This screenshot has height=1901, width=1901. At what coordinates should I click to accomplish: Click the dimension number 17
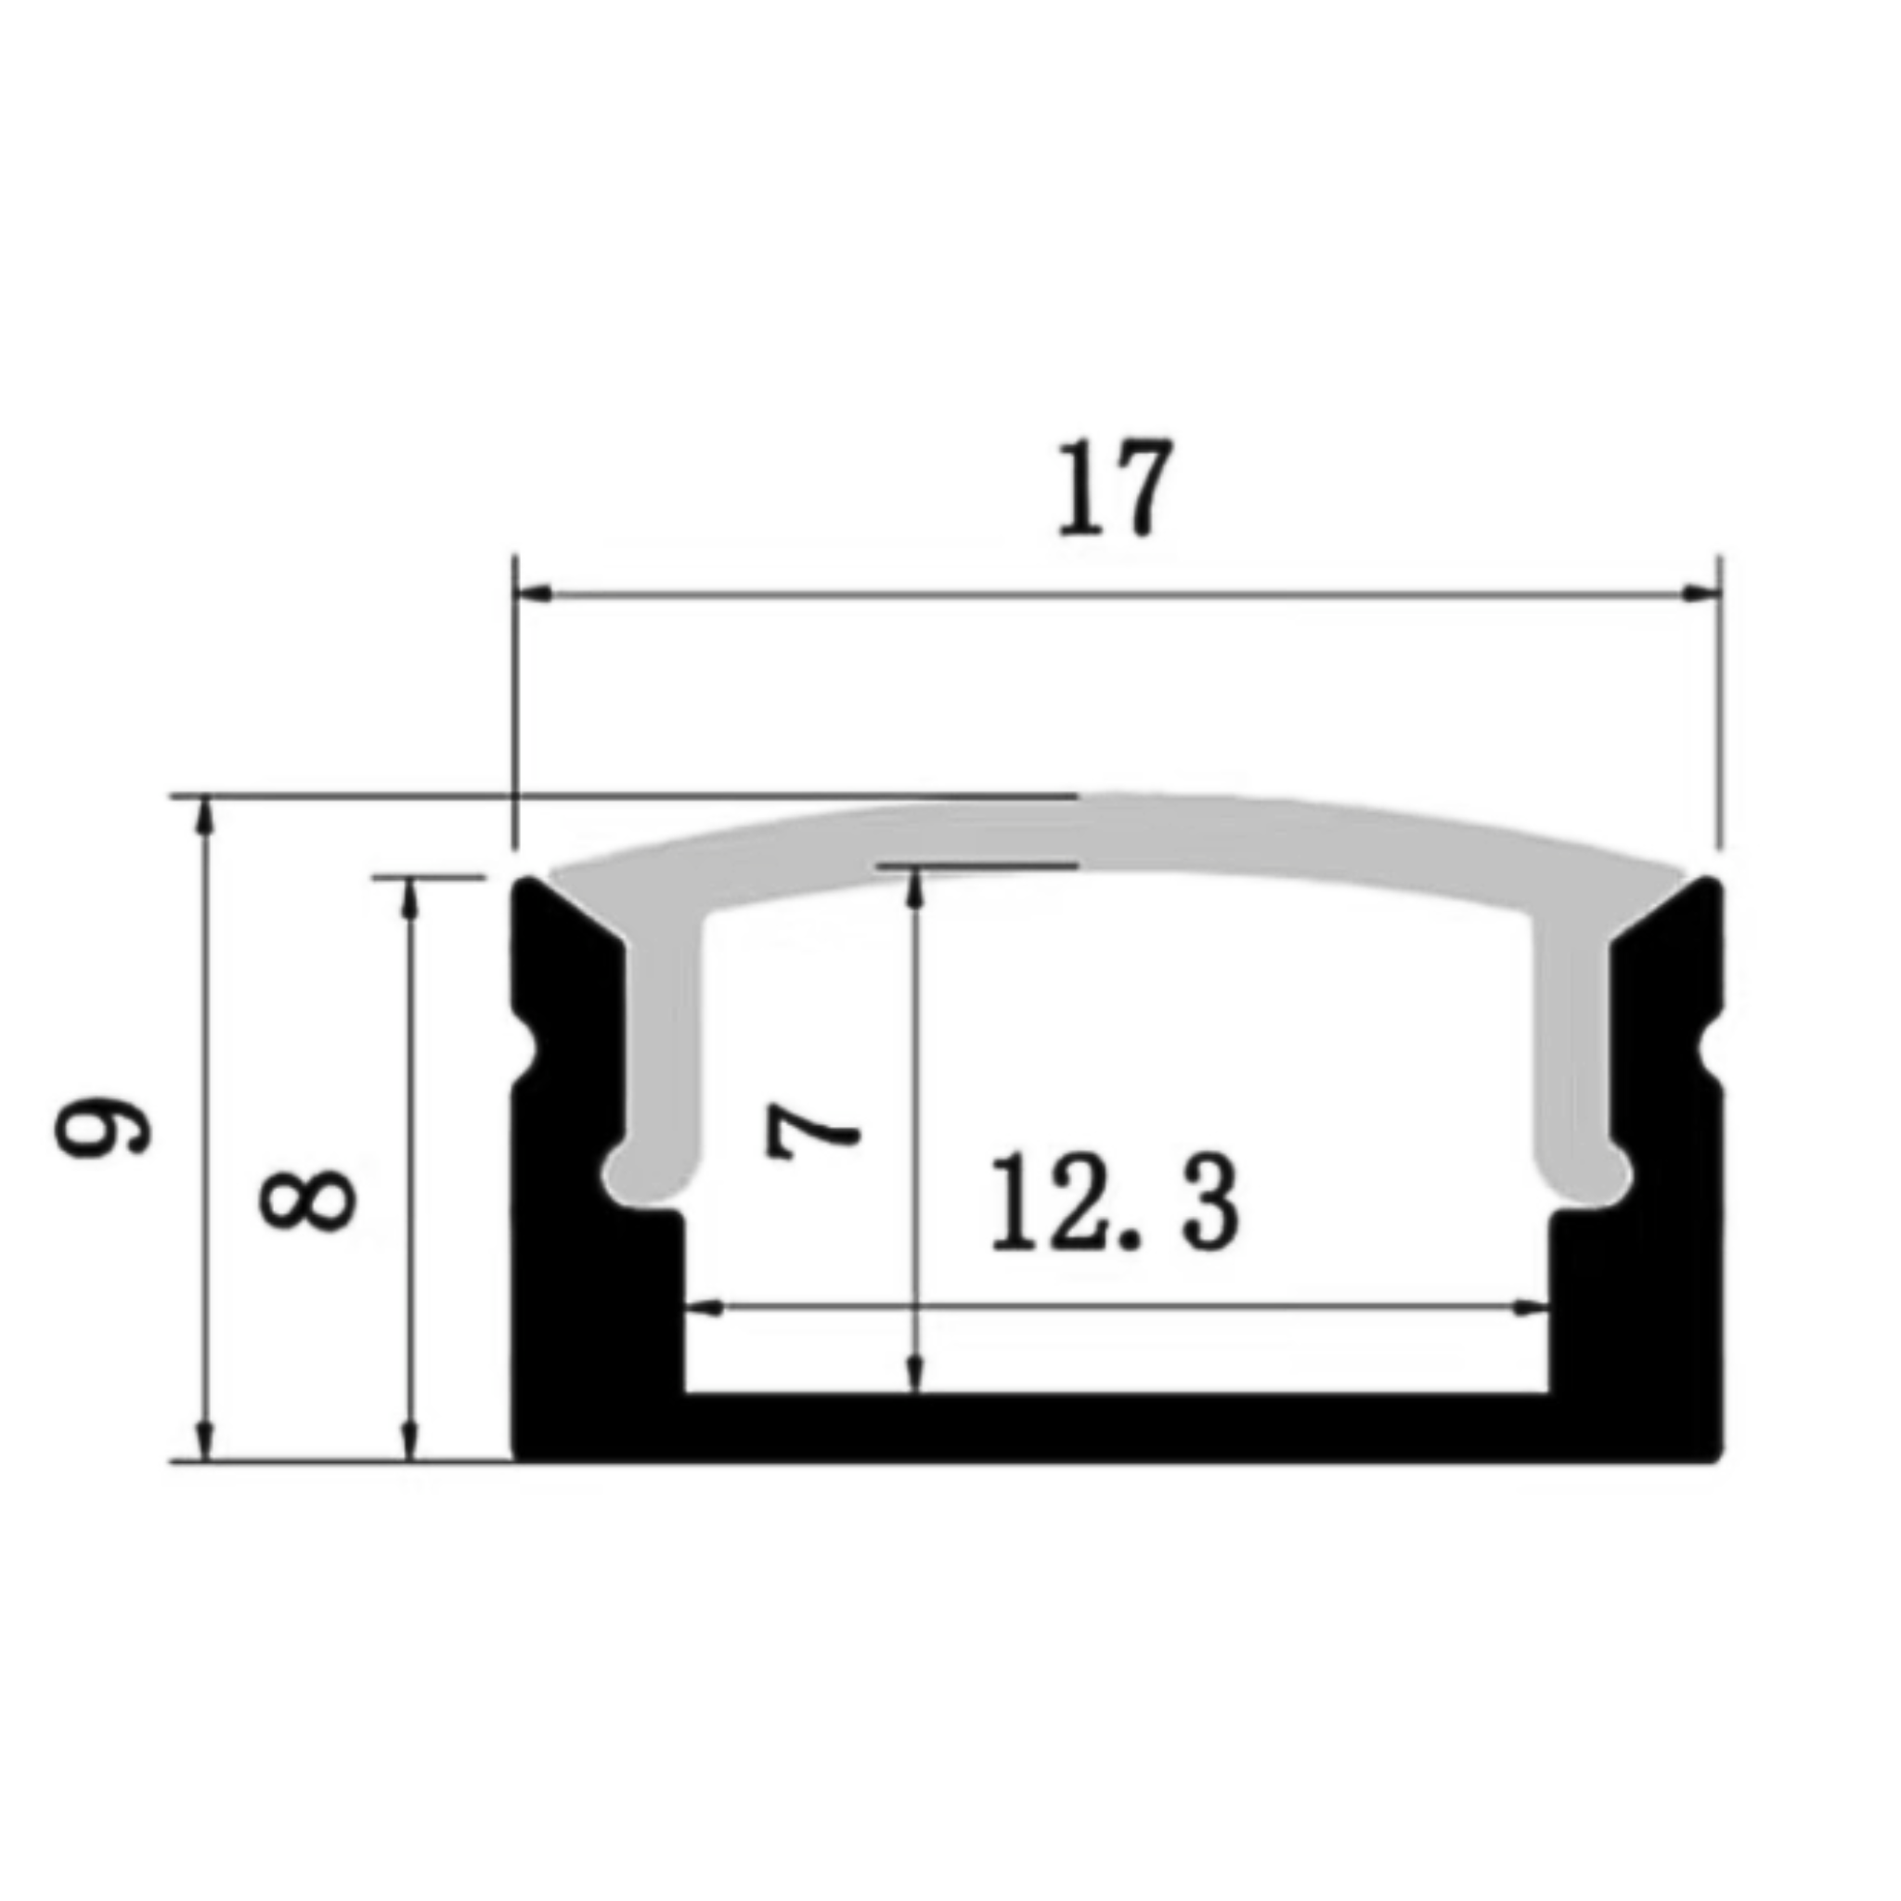pyautogui.click(x=1115, y=489)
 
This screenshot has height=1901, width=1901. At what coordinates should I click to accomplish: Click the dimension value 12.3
pyautogui.click(x=1115, y=1202)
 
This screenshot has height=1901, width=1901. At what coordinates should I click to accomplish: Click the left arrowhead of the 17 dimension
pyautogui.click(x=532, y=594)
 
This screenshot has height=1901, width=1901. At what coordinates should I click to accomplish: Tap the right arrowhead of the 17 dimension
pyautogui.click(x=1701, y=594)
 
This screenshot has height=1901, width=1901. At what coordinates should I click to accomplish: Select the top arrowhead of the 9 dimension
pyautogui.click(x=206, y=813)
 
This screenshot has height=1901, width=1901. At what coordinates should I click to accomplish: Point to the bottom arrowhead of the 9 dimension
pyautogui.click(x=206, y=1442)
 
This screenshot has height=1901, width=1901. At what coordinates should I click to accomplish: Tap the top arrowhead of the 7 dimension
pyautogui.click(x=916, y=886)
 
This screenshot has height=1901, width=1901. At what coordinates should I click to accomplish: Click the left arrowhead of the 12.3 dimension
pyautogui.click(x=703, y=1309)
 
